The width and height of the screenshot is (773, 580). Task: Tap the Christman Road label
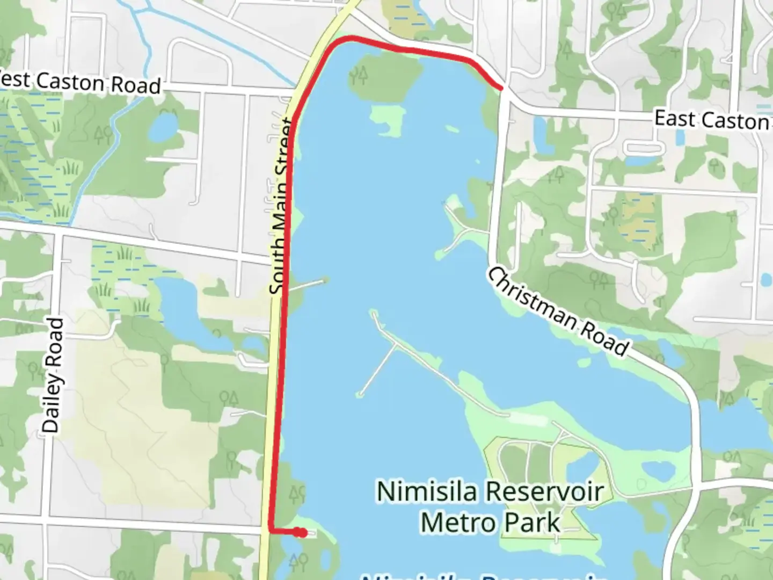coord(557,312)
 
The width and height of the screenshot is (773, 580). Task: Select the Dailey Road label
coord(53,375)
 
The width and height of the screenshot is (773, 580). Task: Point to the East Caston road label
coord(712,120)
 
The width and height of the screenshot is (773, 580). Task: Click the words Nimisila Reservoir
coord(490,491)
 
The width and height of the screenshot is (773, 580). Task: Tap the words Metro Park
coord(490,523)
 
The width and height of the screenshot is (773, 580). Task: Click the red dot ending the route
coord(303,533)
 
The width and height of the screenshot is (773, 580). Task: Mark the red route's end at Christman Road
coord(501,87)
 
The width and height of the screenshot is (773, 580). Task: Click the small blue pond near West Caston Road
coord(163,126)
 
